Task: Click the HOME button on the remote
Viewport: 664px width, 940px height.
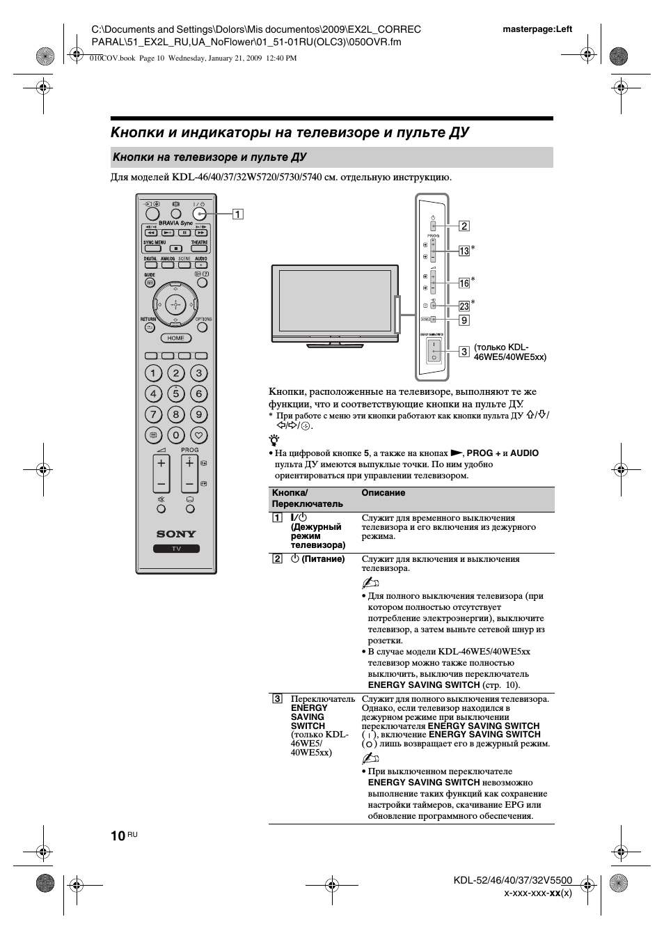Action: click(176, 338)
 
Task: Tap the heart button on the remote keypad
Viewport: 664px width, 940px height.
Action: click(199, 435)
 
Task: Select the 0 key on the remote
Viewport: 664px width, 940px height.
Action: click(176, 435)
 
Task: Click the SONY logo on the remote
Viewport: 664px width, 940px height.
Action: click(176, 534)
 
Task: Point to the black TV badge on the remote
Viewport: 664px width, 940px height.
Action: click(176, 549)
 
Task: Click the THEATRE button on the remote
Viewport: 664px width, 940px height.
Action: click(200, 248)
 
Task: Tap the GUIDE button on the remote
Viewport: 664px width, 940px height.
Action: click(150, 281)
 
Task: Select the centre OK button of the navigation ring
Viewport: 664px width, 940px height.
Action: click(176, 304)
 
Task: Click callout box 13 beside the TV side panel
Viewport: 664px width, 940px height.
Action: click(464, 251)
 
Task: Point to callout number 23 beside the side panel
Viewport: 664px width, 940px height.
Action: click(464, 306)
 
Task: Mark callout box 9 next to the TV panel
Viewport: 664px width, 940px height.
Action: click(464, 320)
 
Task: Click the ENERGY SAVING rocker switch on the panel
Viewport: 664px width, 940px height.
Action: click(433, 350)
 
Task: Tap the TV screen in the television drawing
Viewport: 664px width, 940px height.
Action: click(335, 301)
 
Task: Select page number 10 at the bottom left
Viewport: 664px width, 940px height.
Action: click(118, 836)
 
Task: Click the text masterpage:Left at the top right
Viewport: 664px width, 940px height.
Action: click(537, 29)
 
